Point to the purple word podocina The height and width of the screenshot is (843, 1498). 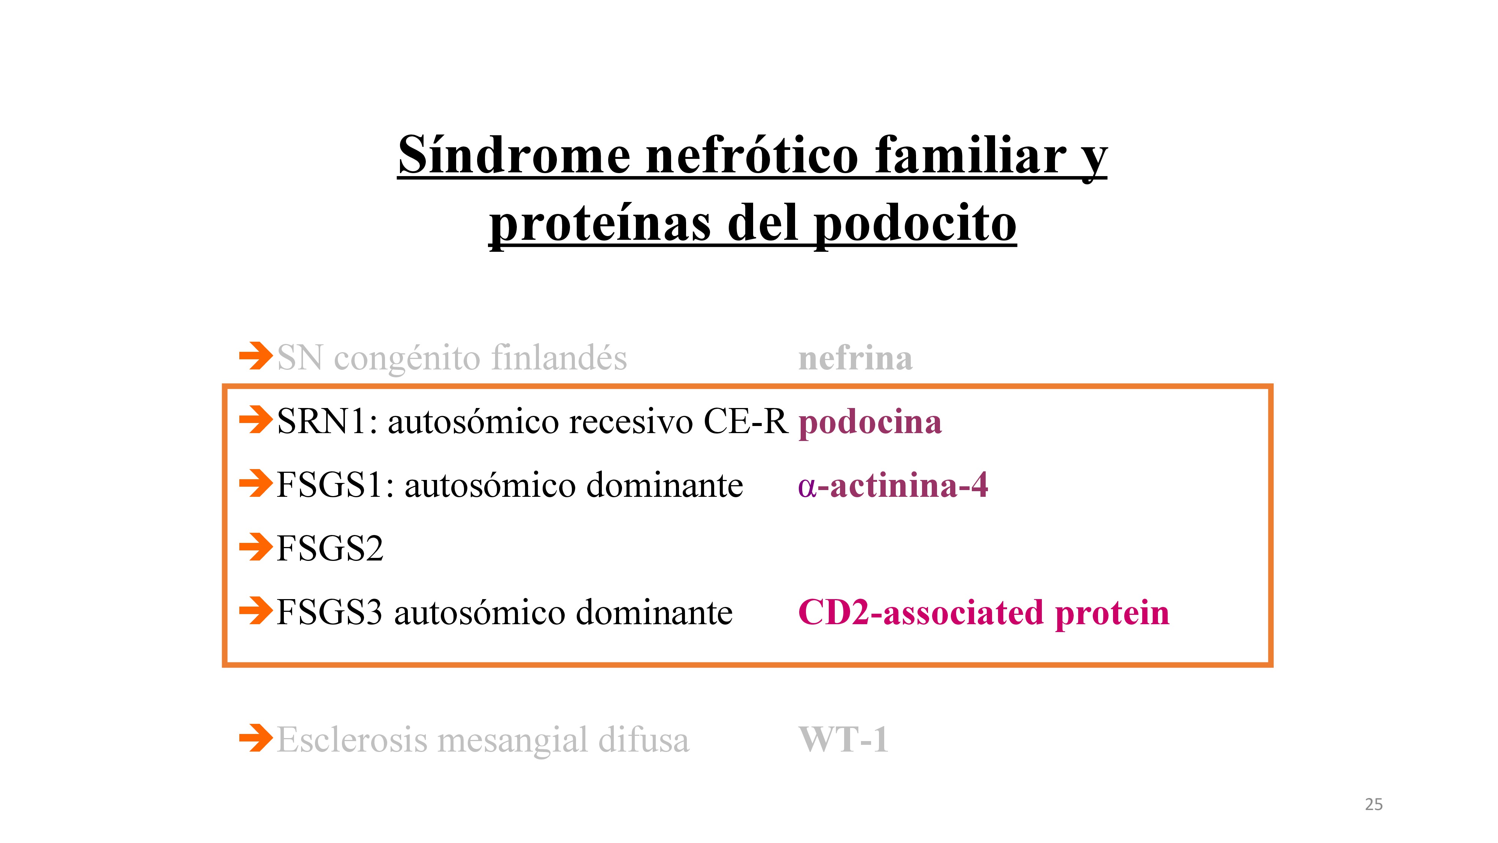(870, 422)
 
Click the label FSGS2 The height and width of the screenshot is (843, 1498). (330, 548)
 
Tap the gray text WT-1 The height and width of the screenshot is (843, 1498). (844, 740)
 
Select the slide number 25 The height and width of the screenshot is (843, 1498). (1374, 805)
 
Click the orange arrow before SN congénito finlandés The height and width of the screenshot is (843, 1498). (256, 356)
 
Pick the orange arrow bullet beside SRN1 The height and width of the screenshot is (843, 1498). (256, 420)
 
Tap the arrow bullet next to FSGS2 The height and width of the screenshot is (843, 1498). (256, 547)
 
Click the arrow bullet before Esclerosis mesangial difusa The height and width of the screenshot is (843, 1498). (256, 738)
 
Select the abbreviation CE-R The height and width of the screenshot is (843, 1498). (746, 421)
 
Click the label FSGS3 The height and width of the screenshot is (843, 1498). (330, 612)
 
